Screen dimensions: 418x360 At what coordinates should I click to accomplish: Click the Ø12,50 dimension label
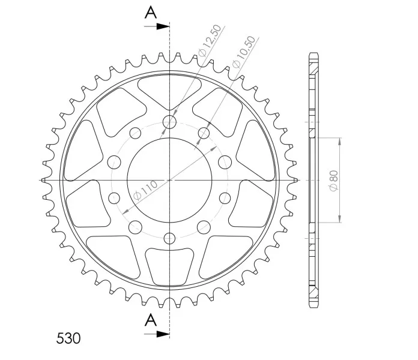[x=210, y=40]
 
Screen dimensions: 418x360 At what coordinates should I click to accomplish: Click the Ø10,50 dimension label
[x=244, y=52]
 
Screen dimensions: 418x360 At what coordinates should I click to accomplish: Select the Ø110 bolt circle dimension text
[x=145, y=190]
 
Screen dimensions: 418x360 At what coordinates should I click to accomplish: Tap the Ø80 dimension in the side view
[x=334, y=181]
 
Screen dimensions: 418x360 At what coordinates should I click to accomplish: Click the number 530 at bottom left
[x=68, y=338]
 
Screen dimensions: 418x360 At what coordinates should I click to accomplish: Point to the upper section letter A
[x=151, y=13]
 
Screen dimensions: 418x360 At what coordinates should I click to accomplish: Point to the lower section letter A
[x=151, y=320]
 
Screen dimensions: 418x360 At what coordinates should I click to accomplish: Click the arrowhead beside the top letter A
[x=163, y=26]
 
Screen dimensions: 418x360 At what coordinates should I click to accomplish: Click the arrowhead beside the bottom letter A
[x=163, y=334]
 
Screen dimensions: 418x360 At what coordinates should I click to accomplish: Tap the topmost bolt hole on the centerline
[x=169, y=122]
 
